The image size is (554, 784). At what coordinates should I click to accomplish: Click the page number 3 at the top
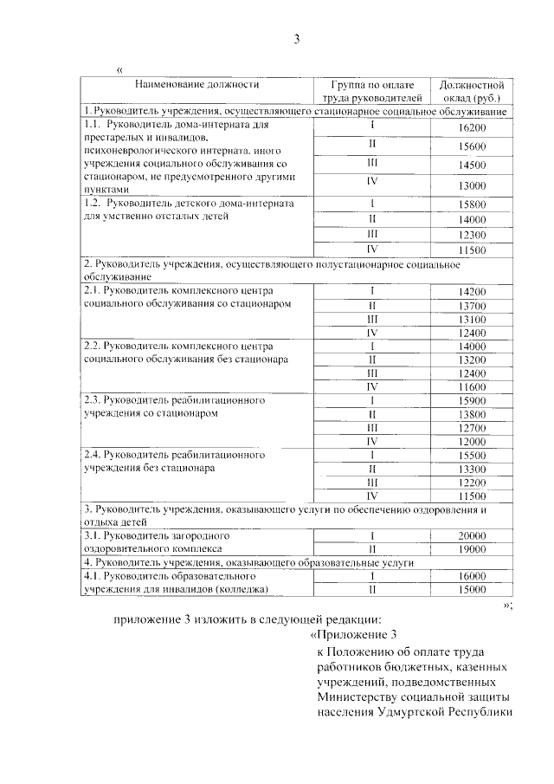pos(296,39)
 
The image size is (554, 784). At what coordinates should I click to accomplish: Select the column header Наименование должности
pos(196,85)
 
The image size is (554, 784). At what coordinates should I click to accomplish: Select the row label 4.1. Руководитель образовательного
pos(168,576)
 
